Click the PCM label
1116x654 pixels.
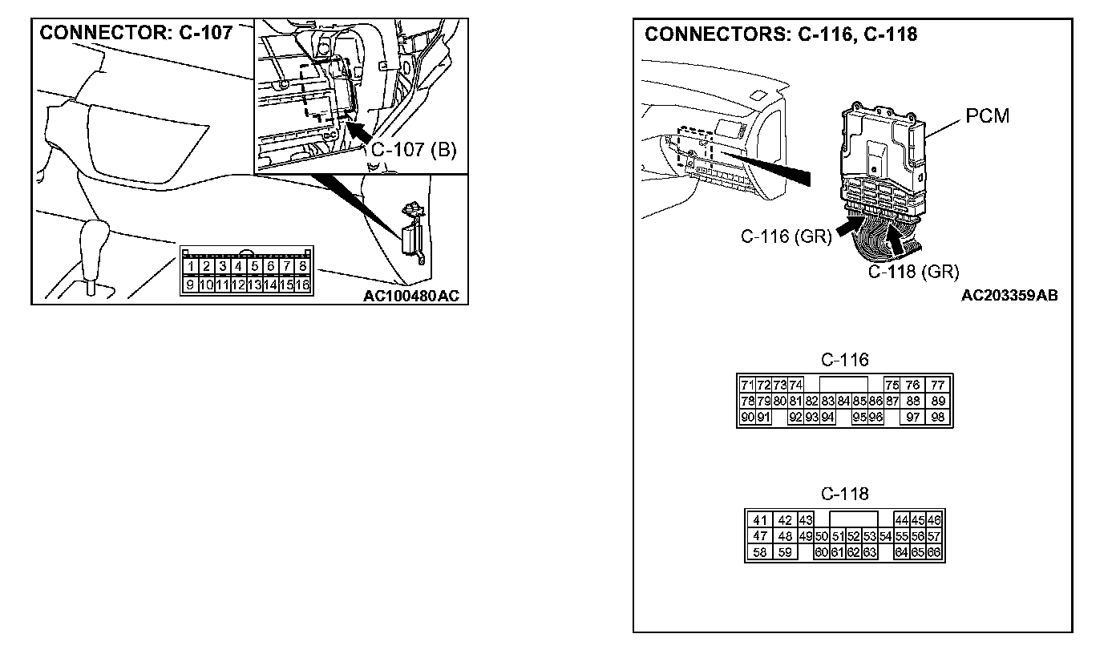[987, 116]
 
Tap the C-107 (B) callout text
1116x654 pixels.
[413, 151]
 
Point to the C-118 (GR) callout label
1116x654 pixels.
[913, 272]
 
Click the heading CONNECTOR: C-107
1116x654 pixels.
[136, 33]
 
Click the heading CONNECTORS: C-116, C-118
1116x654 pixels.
[781, 34]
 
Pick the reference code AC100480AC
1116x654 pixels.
[411, 296]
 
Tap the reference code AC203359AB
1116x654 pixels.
[1009, 295]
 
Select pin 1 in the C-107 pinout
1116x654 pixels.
[190, 266]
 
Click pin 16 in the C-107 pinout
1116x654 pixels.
[302, 285]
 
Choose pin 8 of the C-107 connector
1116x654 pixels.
[302, 266]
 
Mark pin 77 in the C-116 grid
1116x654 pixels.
[938, 386]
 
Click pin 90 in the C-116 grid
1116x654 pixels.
[746, 417]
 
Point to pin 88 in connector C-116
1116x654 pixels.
[912, 401]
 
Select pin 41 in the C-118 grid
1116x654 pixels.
[760, 521]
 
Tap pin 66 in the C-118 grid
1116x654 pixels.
[934, 552]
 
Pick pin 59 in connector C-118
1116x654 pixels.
[785, 552]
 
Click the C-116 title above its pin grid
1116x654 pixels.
[844, 360]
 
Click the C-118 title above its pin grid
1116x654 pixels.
[844, 495]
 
